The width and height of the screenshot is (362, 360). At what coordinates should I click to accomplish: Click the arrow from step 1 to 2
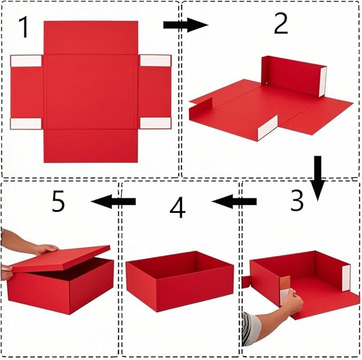184,25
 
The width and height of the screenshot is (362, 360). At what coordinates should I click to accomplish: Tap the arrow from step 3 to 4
234,202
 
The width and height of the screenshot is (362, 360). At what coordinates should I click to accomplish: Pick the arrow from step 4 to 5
114,201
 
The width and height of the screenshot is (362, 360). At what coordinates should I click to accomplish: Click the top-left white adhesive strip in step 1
26,61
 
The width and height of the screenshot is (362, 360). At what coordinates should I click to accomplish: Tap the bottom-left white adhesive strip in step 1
26,124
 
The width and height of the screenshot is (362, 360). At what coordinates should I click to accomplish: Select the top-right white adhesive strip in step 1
155,61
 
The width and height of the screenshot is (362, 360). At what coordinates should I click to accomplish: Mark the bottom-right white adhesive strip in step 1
155,123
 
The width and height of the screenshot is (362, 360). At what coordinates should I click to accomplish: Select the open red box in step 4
180,279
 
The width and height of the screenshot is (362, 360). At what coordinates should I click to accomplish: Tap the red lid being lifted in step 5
61,258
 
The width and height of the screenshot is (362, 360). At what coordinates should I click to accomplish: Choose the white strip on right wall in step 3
346,277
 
